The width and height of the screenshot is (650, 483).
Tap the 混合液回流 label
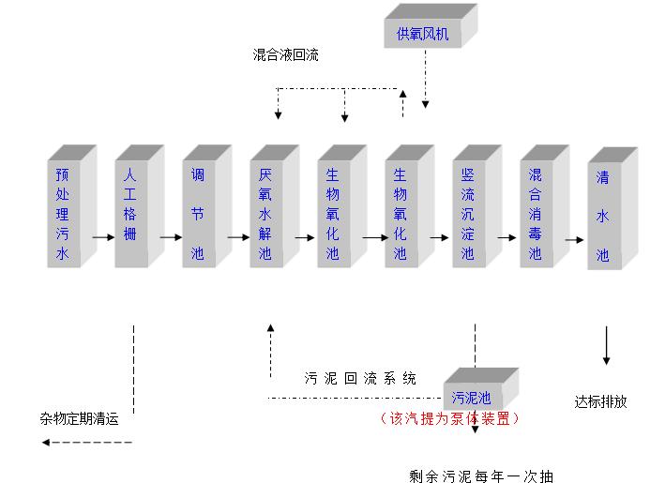coord(285,55)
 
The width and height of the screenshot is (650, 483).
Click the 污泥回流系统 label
coord(359,379)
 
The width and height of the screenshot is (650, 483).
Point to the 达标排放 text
coord(600,401)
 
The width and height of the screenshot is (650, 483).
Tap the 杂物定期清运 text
coord(80,419)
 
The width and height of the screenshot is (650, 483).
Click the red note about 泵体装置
coord(448,418)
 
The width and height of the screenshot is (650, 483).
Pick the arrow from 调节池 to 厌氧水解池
coord(234,238)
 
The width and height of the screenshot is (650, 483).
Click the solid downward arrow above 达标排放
coord(606,346)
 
